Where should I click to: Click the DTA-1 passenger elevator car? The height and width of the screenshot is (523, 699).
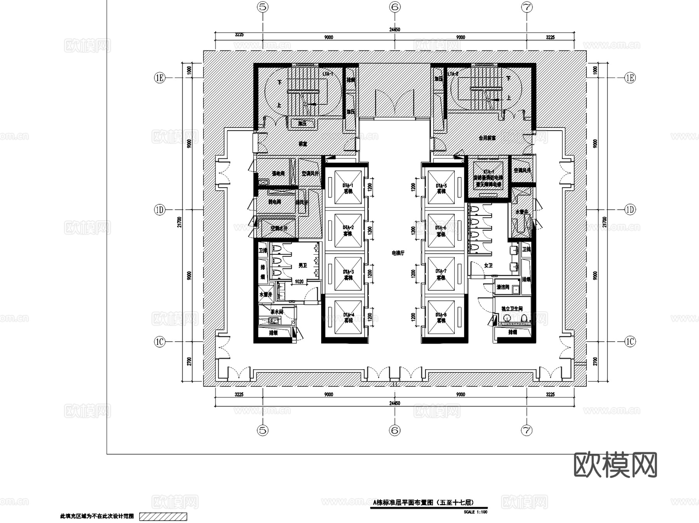(x=348, y=188)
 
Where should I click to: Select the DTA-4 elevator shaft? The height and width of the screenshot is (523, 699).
(x=348, y=317)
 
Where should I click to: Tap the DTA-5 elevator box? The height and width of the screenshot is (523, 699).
(x=441, y=188)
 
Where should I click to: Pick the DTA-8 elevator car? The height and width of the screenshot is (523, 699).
(x=441, y=317)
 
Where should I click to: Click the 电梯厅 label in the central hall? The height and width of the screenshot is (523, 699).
(x=398, y=253)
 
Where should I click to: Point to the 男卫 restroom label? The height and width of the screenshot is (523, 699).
(x=303, y=266)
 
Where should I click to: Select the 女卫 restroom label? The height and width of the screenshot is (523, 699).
(x=488, y=266)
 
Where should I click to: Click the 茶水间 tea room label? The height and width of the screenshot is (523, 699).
(x=276, y=311)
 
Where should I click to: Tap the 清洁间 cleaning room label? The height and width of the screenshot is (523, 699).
(x=503, y=287)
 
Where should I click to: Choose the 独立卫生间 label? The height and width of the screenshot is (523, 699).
(x=511, y=309)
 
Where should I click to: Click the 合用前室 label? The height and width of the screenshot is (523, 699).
(x=487, y=137)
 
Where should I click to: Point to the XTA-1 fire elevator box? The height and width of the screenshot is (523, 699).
(x=488, y=177)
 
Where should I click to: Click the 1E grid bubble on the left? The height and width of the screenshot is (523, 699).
(x=160, y=78)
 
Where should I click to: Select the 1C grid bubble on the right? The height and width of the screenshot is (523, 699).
(x=630, y=342)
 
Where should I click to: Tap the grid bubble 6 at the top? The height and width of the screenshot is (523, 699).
(x=395, y=7)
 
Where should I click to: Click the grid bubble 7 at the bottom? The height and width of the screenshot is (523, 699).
(x=527, y=430)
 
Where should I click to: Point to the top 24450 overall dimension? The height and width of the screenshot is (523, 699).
(x=395, y=30)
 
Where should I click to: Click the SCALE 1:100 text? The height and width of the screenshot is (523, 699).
(x=475, y=512)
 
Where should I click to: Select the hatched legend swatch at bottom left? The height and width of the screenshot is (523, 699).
(x=163, y=517)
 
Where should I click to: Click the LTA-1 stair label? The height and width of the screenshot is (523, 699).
(x=328, y=73)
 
